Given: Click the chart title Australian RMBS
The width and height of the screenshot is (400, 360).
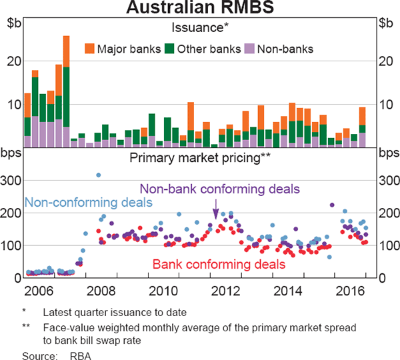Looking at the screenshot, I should point(199,9).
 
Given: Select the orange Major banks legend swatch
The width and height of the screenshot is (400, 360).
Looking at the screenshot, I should point(89,49).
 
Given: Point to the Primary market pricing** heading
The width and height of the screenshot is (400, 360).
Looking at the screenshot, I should point(199,158).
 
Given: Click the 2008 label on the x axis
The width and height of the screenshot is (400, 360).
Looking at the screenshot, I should point(103,291).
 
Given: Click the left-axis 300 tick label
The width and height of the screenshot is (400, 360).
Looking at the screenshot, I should point(13,180).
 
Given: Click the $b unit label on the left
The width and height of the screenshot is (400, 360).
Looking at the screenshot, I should point(13,23).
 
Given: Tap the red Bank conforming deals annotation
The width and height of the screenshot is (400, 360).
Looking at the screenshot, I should point(219,265).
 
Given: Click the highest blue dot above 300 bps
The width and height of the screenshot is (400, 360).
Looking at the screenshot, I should point(99,175).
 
